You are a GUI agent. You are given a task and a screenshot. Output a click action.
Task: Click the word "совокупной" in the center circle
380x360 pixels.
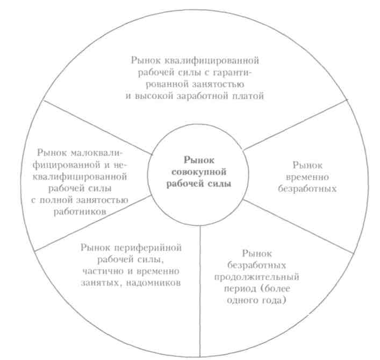201,171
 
